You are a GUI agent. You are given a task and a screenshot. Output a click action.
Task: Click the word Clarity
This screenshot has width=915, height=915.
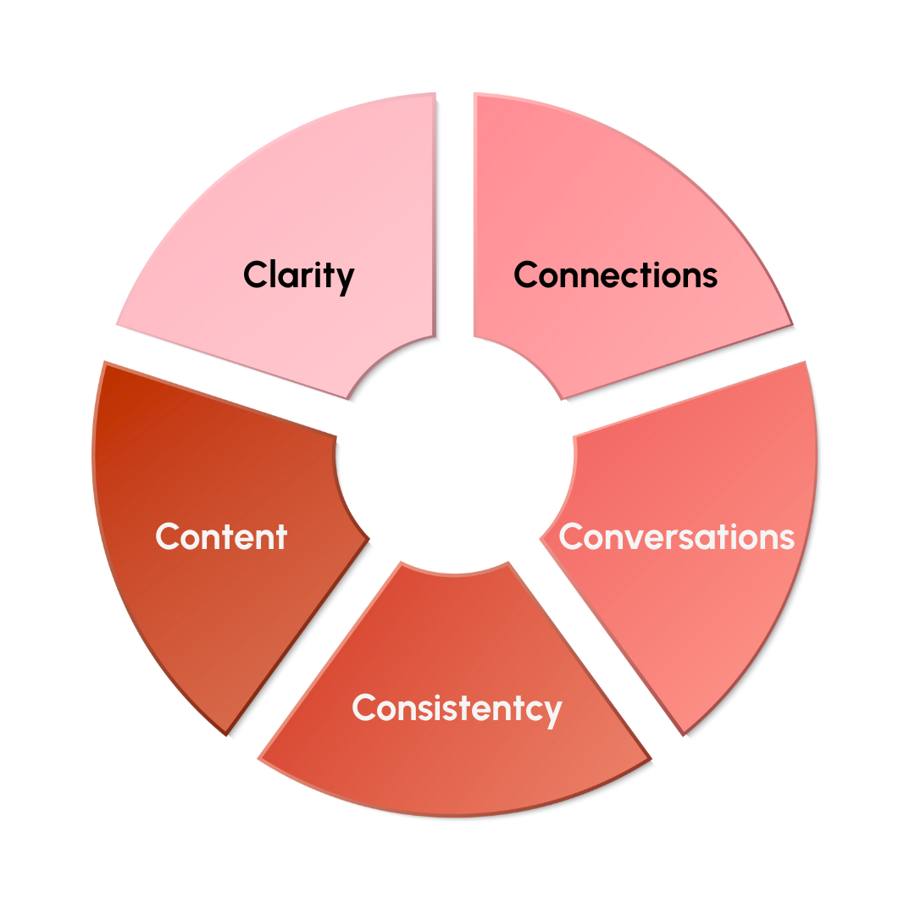click(x=298, y=275)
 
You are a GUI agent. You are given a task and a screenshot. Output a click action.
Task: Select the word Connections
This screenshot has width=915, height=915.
click(x=615, y=275)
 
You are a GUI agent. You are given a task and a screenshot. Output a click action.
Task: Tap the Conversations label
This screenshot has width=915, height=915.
click(x=676, y=537)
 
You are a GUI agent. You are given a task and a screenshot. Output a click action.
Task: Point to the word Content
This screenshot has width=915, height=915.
click(x=221, y=537)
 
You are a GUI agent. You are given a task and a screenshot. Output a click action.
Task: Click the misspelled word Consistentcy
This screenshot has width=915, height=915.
click(x=457, y=707)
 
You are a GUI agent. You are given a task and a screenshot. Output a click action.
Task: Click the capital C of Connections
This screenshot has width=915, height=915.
click(x=526, y=275)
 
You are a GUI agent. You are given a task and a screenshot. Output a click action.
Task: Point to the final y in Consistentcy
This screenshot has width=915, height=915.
click(x=552, y=712)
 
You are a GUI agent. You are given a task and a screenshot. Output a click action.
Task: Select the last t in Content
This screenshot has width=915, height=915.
click(x=281, y=537)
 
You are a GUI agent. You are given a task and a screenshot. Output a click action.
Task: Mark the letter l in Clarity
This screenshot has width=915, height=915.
click(x=269, y=274)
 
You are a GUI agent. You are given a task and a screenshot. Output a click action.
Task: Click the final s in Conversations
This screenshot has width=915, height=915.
click(x=786, y=539)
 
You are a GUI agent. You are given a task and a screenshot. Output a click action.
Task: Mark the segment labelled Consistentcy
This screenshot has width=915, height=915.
click(x=457, y=762)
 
